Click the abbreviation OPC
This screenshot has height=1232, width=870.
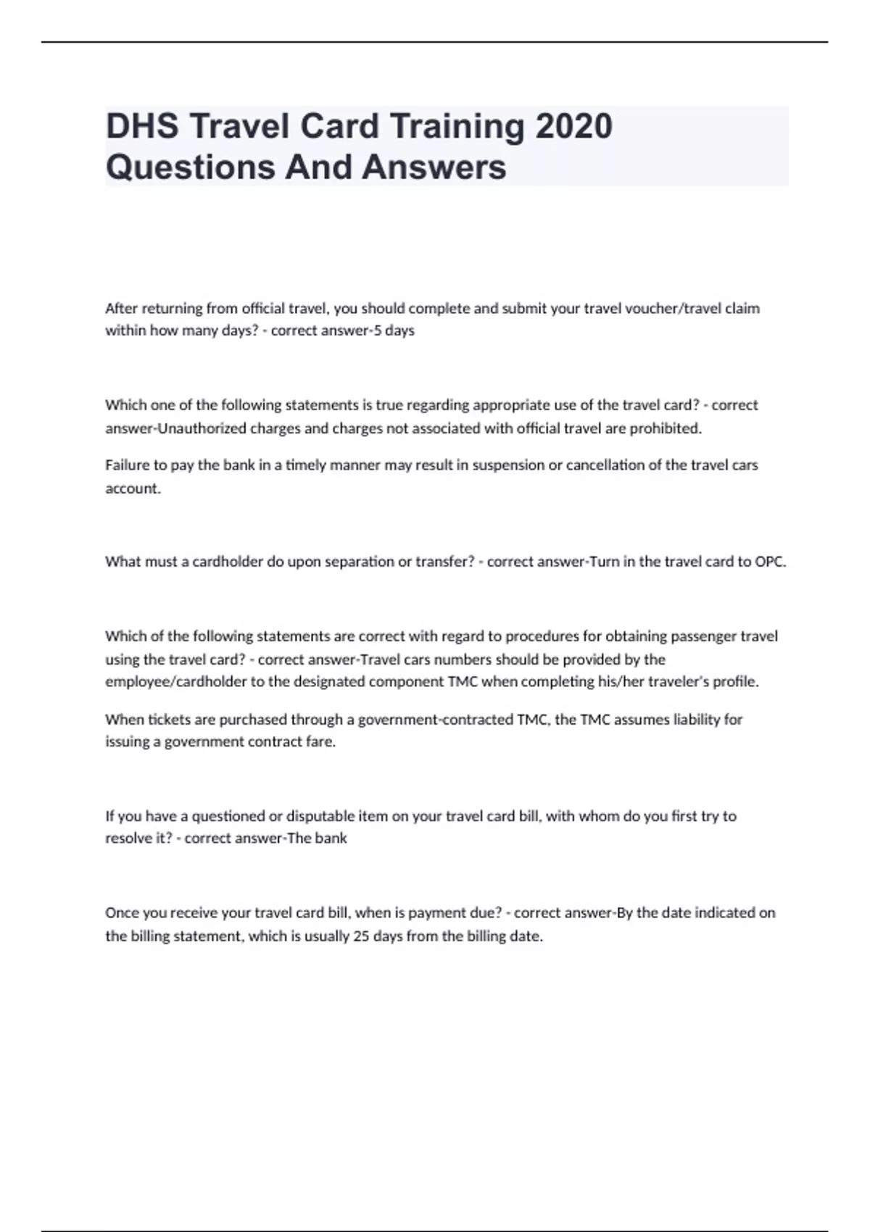pos(770,562)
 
